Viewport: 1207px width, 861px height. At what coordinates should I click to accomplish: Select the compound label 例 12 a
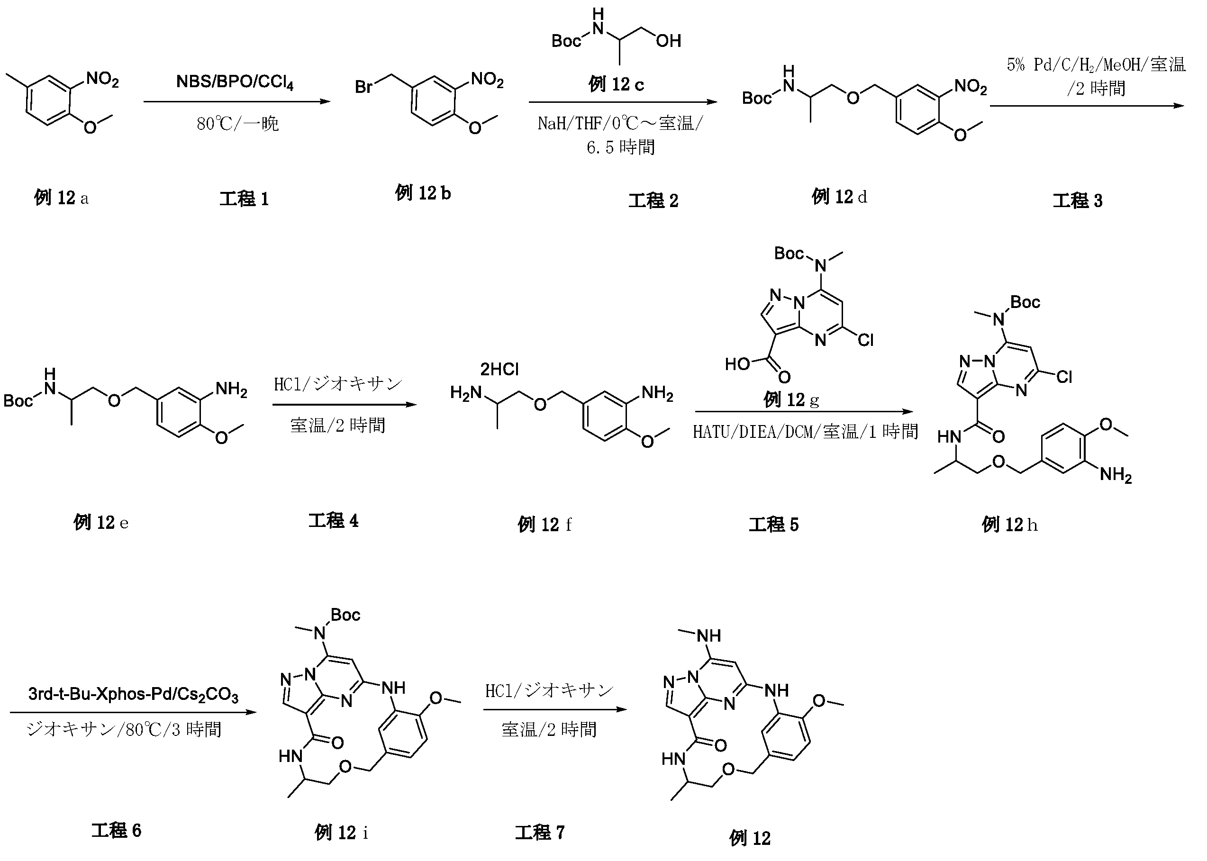(61, 198)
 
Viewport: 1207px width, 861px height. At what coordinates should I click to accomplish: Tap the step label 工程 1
(244, 199)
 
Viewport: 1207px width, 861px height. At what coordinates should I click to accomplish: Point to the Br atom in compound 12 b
(364, 86)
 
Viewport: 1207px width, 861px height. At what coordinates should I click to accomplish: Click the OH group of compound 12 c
(668, 41)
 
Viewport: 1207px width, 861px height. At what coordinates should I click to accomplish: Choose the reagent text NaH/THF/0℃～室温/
(620, 124)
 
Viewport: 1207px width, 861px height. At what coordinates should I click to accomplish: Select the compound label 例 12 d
(839, 197)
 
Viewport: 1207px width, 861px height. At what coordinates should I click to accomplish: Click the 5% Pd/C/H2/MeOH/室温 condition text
(1096, 64)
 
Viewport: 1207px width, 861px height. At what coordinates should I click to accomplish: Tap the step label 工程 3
(1077, 200)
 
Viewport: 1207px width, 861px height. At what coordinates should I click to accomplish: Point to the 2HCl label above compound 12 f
(499, 369)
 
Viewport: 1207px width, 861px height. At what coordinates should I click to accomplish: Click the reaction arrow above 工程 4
(345, 405)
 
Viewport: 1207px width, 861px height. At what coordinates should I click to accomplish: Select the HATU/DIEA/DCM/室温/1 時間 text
(805, 432)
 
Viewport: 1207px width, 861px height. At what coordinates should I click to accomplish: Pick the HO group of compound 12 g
(738, 364)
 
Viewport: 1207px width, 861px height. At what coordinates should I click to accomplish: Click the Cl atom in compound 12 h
(1064, 377)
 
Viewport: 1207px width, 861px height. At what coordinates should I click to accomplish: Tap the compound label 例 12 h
(1009, 525)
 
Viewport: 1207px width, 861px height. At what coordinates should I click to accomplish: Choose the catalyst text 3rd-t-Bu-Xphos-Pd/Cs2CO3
(133, 694)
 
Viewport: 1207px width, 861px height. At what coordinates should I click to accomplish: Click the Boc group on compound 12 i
(345, 615)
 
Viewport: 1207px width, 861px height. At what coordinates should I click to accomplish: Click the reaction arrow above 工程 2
(623, 102)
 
